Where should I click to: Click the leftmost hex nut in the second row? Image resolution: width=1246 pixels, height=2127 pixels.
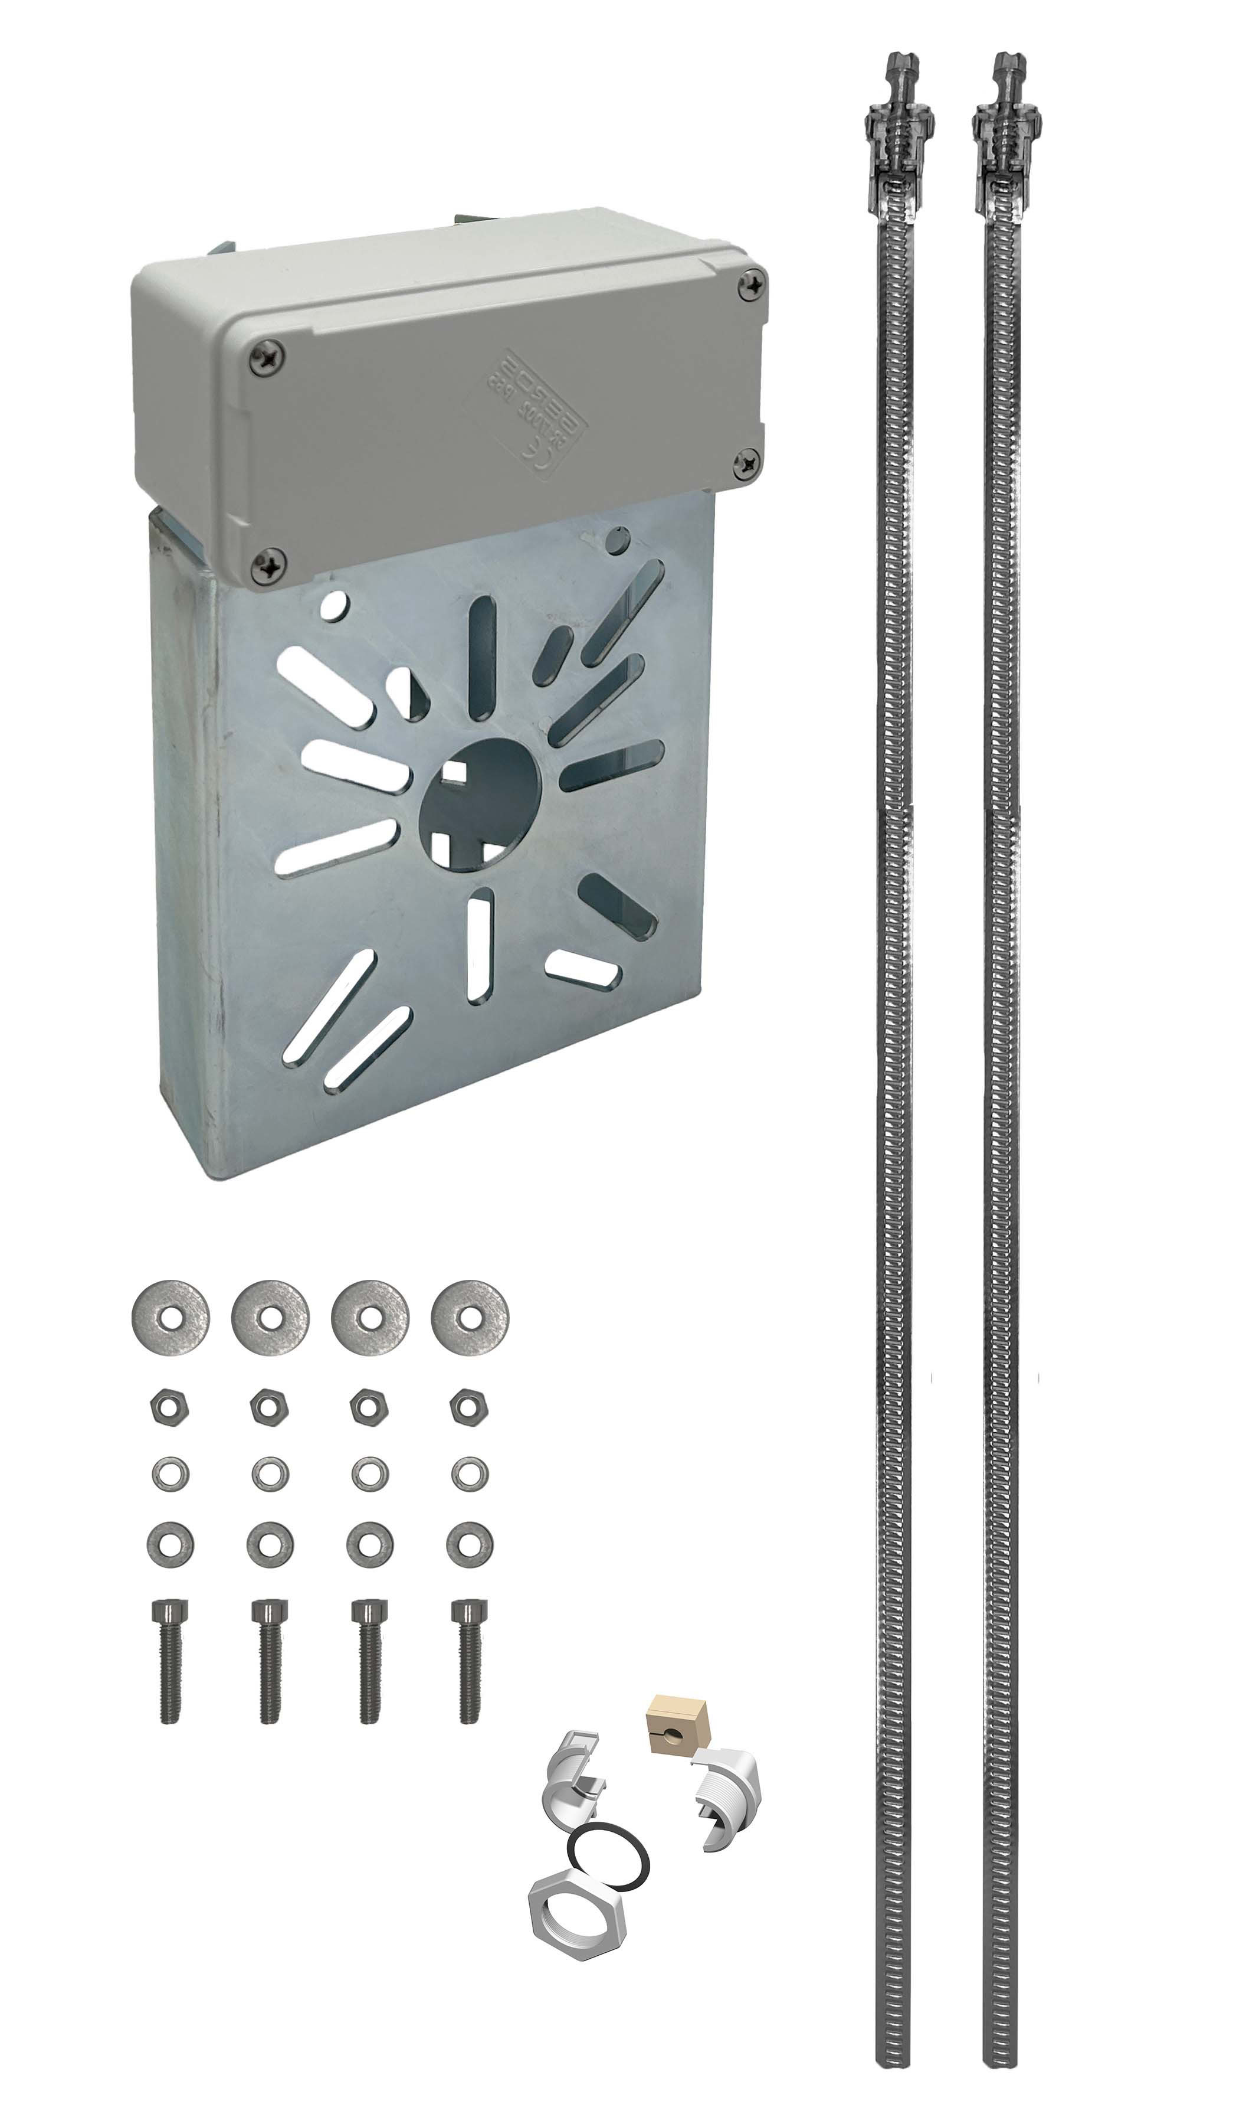[x=169, y=1407]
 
